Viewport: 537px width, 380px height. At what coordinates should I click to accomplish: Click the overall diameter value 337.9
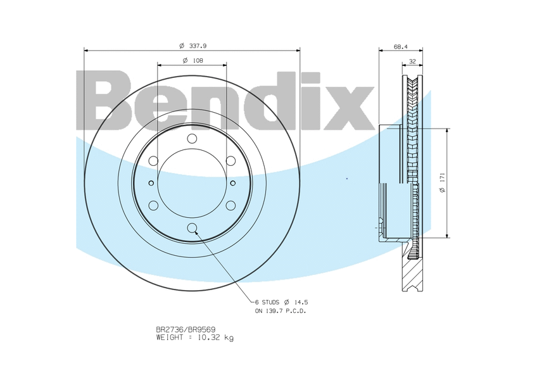tap(199, 46)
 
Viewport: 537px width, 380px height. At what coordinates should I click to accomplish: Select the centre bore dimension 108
tap(197, 60)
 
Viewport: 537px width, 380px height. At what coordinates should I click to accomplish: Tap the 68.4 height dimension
tap(400, 46)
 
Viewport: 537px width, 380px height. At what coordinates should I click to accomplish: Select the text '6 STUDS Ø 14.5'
tap(281, 303)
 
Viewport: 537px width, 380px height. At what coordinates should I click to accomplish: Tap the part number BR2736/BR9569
tap(186, 330)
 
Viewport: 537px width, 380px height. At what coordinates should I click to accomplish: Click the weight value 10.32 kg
tap(214, 338)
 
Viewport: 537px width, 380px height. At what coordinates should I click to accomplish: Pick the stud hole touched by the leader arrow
tap(193, 229)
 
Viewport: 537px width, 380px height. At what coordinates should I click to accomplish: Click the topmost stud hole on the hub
tap(193, 139)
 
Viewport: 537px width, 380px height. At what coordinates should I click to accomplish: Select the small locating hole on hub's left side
tap(151, 184)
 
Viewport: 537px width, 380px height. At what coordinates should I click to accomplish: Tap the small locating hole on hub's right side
tap(233, 184)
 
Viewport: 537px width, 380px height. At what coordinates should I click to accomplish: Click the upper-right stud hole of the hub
tap(231, 161)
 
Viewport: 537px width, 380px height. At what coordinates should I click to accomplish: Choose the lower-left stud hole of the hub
tap(153, 205)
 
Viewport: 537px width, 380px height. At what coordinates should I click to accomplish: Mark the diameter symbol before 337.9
tap(181, 46)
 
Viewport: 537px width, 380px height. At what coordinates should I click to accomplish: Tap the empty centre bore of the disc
tap(192, 184)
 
